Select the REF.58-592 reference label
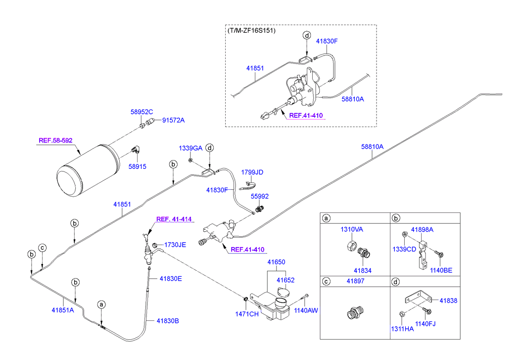click(x=55, y=141)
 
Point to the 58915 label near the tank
click(x=138, y=167)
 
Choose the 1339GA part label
click(x=191, y=148)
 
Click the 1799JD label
click(x=252, y=172)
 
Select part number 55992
click(x=260, y=196)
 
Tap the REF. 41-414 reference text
click(x=174, y=219)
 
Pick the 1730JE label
click(x=175, y=245)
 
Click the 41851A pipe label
click(x=63, y=310)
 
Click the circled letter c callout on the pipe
click(x=43, y=248)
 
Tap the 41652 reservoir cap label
click(x=286, y=280)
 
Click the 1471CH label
click(x=246, y=313)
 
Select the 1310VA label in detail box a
click(x=351, y=229)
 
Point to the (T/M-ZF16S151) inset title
click(x=251, y=31)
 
